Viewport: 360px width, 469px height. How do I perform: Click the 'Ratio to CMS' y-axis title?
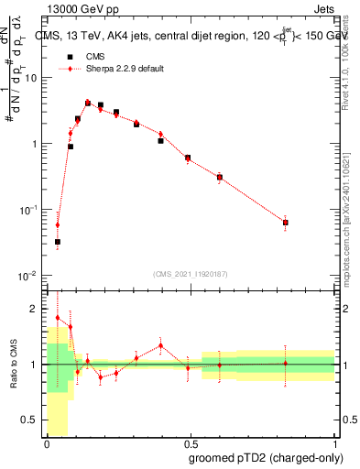(x=12, y=365)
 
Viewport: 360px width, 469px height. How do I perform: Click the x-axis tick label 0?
(x=47, y=443)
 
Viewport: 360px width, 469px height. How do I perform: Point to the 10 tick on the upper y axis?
(x=32, y=78)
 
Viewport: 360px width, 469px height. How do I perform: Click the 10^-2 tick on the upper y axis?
(x=29, y=276)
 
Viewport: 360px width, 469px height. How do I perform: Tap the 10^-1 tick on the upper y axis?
(x=29, y=210)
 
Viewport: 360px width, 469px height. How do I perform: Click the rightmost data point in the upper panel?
(x=286, y=223)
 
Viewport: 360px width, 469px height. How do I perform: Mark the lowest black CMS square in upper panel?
(x=57, y=242)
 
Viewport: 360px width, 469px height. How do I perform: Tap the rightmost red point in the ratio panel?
(x=286, y=364)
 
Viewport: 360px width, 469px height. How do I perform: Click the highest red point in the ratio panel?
(x=57, y=318)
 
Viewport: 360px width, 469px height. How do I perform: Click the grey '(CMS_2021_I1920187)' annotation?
(x=190, y=272)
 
